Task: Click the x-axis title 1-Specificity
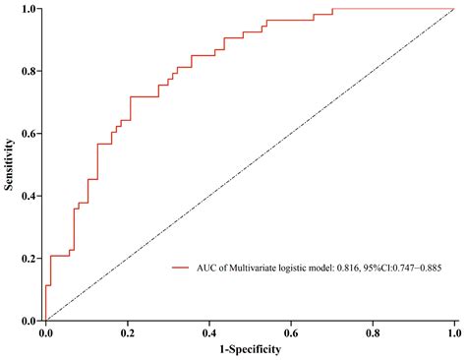click(x=250, y=349)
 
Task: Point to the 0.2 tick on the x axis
click(x=127, y=333)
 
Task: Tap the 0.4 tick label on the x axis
click(x=208, y=333)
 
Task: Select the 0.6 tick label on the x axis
click(x=291, y=333)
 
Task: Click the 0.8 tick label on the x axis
click(x=373, y=333)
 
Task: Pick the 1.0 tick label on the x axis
click(x=453, y=333)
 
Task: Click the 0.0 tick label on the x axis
click(x=45, y=333)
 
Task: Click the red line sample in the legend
click(x=179, y=267)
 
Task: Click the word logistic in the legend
click(x=291, y=267)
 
